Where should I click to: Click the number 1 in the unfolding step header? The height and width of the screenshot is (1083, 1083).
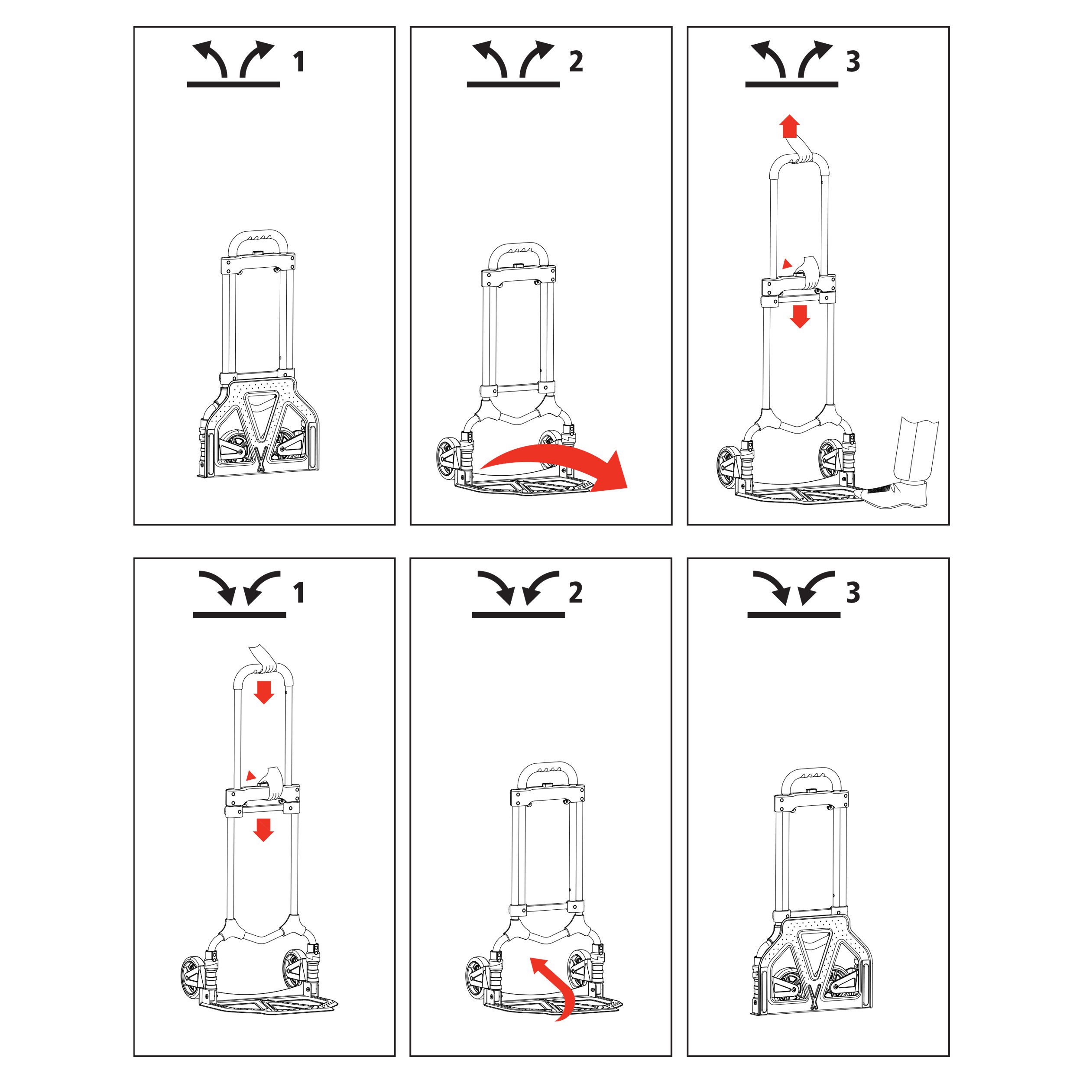pyautogui.click(x=299, y=62)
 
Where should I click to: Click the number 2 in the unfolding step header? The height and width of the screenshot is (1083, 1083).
pyautogui.click(x=576, y=62)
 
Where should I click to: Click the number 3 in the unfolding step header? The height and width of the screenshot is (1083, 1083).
pyautogui.click(x=853, y=62)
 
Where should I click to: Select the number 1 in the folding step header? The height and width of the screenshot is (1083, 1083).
pyautogui.click(x=299, y=593)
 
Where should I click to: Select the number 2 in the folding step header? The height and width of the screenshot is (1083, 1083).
pyautogui.click(x=576, y=593)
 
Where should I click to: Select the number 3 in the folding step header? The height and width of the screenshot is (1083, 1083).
pyautogui.click(x=853, y=593)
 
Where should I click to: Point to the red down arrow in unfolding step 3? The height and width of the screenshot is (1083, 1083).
pyautogui.click(x=800, y=316)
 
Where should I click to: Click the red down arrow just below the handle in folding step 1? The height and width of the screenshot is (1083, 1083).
pyautogui.click(x=263, y=692)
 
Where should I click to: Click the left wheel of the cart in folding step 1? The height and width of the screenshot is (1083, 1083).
pyautogui.click(x=192, y=977)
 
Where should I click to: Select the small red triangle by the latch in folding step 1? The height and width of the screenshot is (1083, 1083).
pyautogui.click(x=250, y=776)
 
